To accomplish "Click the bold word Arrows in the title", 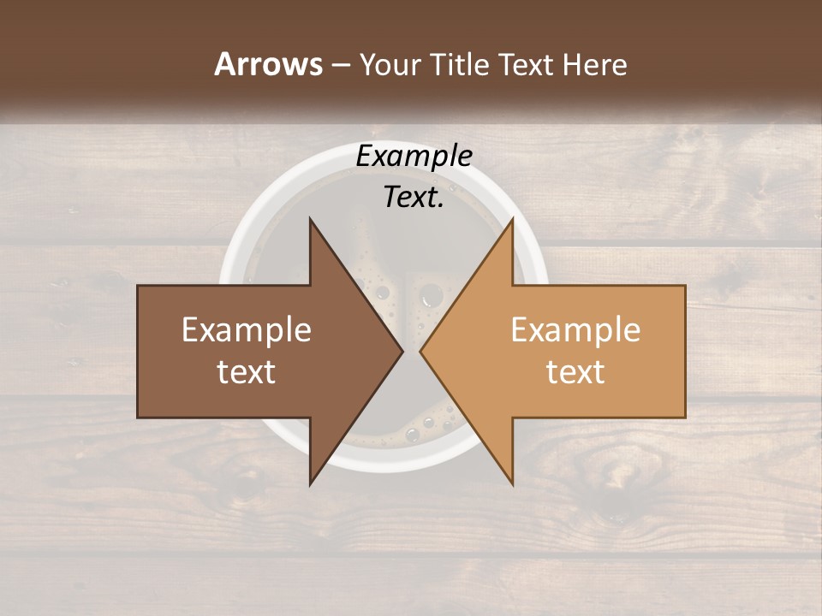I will tap(268, 64).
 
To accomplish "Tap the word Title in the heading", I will tap(458, 64).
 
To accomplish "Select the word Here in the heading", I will tap(595, 64).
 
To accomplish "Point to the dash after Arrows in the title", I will tap(340, 65).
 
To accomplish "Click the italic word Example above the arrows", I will tap(414, 156).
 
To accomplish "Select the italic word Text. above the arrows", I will tap(414, 197).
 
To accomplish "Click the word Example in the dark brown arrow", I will tap(247, 330).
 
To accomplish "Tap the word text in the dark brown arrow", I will tap(247, 372).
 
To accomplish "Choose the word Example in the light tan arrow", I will tap(575, 330).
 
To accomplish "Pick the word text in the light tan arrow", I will tap(575, 372).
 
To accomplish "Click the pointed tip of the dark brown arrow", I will tap(402, 351).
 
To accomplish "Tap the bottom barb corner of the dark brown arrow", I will tap(311, 483).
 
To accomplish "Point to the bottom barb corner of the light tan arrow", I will tap(512, 483).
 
